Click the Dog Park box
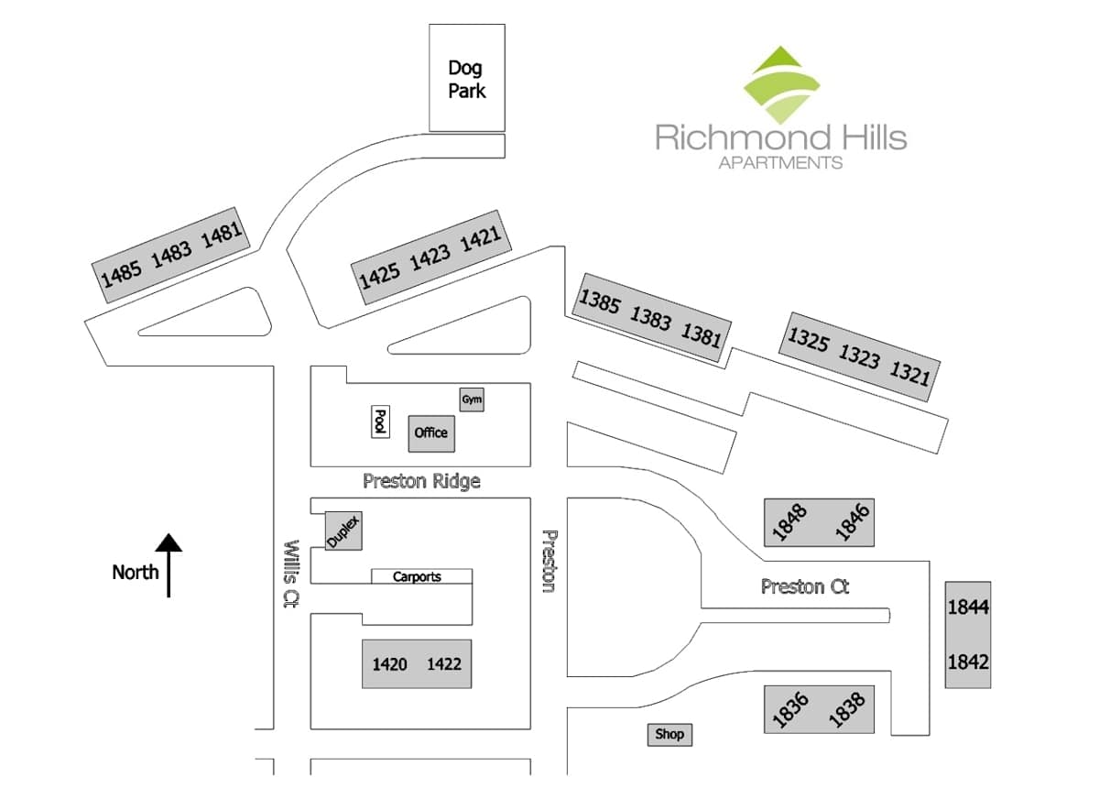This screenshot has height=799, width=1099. click(x=467, y=78)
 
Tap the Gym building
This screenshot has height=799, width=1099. click(x=472, y=399)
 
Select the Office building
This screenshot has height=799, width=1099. click(x=431, y=433)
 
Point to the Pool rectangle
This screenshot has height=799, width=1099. click(x=380, y=421)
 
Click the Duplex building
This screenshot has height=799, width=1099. click(x=343, y=531)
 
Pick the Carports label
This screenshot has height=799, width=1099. click(x=417, y=576)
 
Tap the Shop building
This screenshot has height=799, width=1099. click(x=669, y=734)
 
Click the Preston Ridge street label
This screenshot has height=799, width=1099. click(x=421, y=481)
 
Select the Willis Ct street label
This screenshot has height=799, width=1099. click(x=291, y=575)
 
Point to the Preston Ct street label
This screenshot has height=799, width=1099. click(x=805, y=586)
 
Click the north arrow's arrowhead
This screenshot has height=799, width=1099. click(x=169, y=542)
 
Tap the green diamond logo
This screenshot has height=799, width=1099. click(x=781, y=85)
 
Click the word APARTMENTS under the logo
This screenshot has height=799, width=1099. click(x=780, y=162)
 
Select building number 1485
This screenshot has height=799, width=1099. click(x=121, y=274)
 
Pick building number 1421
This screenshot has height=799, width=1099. click(x=480, y=238)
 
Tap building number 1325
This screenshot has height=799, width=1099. click(x=808, y=340)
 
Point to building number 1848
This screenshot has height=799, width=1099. click(x=789, y=521)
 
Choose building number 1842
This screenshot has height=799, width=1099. click(x=968, y=662)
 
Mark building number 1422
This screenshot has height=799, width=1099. click(x=444, y=664)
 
